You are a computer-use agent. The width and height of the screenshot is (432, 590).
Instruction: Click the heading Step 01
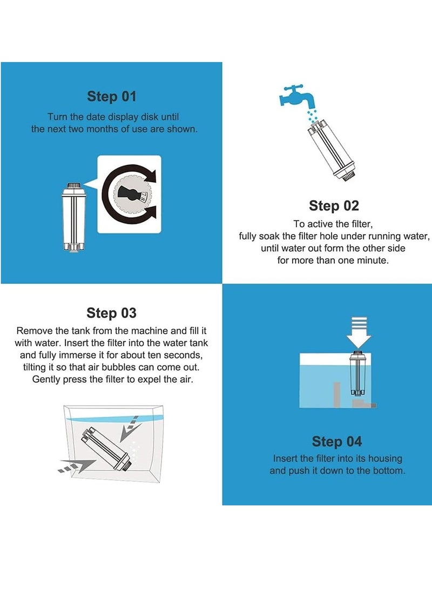tap(112, 96)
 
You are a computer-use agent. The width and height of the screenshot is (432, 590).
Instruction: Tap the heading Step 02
tap(334, 205)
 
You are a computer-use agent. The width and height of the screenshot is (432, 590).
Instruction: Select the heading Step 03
tap(112, 313)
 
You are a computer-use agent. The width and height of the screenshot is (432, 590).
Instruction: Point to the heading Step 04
tap(337, 441)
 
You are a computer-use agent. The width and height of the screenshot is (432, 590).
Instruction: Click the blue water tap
tap(297, 96)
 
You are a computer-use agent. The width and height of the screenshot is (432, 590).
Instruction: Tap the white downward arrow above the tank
tap(359, 332)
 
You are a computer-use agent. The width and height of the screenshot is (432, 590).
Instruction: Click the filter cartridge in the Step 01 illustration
tap(73, 217)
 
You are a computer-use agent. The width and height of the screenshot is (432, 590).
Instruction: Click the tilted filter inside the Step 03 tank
tap(106, 448)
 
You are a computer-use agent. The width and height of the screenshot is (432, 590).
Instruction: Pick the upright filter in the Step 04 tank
tap(357, 373)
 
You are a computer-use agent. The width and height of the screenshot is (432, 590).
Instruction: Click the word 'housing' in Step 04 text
tap(385, 458)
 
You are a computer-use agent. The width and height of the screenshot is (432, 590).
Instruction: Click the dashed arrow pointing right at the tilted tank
tap(75, 466)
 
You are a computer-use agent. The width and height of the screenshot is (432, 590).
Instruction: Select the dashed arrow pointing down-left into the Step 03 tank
tap(130, 429)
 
